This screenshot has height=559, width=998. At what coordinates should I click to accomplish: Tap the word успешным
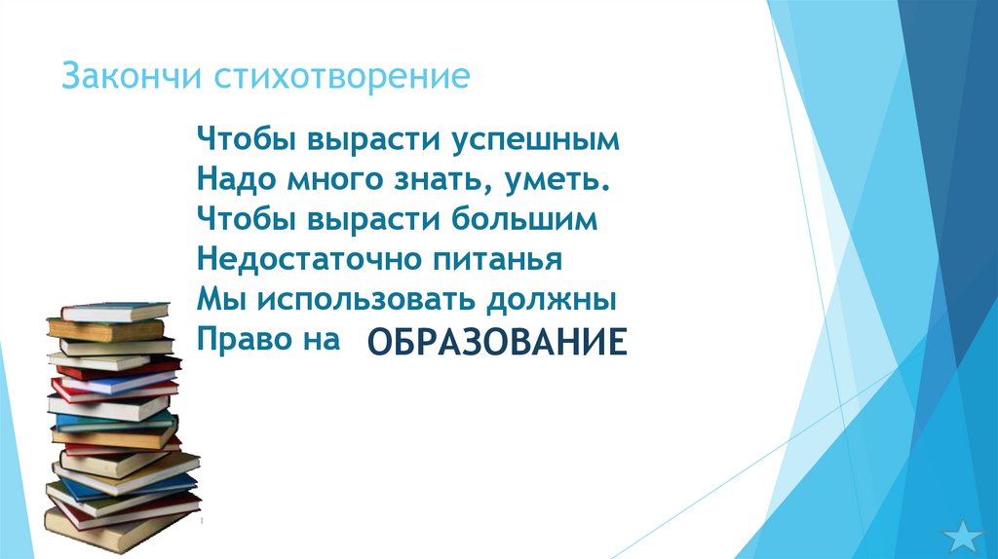[x=534, y=139]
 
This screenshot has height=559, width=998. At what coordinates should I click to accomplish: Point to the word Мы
[x=213, y=299]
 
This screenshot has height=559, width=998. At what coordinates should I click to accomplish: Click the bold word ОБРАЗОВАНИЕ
[x=495, y=343]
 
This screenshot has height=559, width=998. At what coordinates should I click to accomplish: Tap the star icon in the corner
[x=965, y=533]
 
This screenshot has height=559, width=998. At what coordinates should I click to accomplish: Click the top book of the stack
[x=112, y=312]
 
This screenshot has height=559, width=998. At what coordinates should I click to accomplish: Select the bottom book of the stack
[x=117, y=531]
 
